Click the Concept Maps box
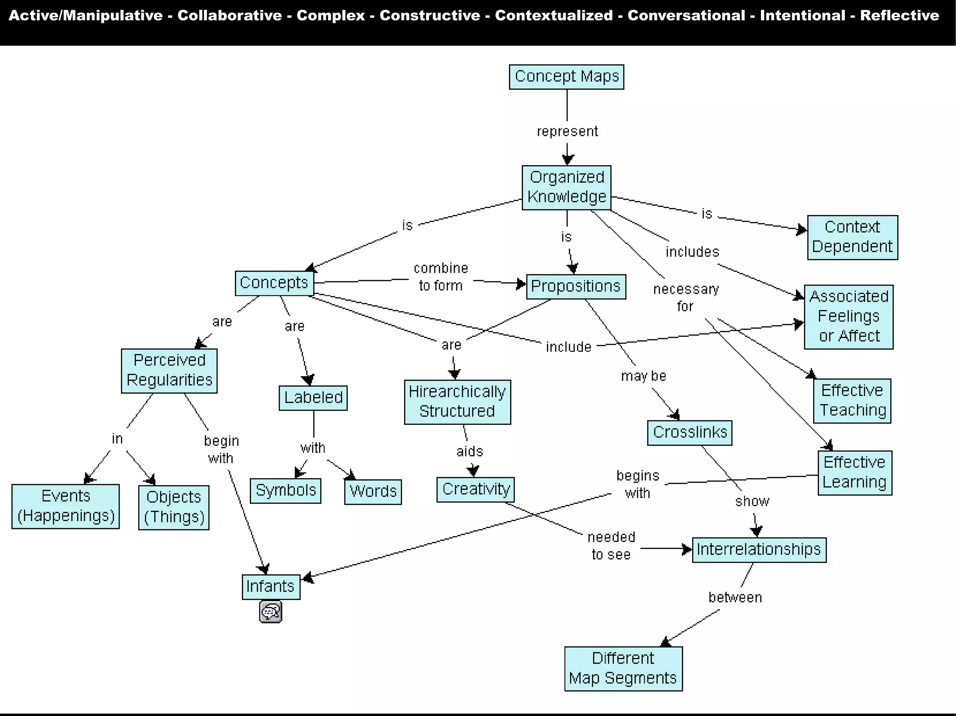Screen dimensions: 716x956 [x=566, y=76]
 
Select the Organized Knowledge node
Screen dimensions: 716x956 [x=566, y=187]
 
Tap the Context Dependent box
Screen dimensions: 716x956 [x=852, y=237]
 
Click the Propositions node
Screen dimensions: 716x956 [x=575, y=286]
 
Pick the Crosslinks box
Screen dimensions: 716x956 [x=689, y=432]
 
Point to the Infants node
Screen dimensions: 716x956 [x=270, y=586]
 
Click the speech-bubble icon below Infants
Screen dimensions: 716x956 [x=270, y=612]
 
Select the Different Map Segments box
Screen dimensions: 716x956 [x=623, y=668]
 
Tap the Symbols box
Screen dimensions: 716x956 [x=285, y=490]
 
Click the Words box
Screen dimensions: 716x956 [x=373, y=491]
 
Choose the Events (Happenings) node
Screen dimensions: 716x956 [x=65, y=506]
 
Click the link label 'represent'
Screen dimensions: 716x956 [x=567, y=132]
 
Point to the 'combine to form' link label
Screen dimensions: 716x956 [x=441, y=277]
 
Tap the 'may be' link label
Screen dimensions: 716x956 [x=643, y=376]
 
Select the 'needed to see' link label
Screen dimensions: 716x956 [x=611, y=546]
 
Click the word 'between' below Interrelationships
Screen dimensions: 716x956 [x=735, y=598]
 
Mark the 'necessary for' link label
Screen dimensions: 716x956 [x=685, y=298]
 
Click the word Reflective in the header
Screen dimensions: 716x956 [x=899, y=15]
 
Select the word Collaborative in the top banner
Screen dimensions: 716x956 [x=229, y=15]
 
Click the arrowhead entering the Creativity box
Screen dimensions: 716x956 [x=473, y=472]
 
